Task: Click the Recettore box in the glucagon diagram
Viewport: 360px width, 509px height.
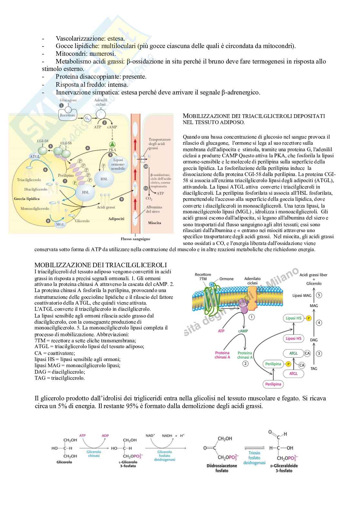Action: pyautogui.click(x=67, y=115)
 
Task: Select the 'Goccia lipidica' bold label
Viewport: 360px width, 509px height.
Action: pyautogui.click(x=27, y=199)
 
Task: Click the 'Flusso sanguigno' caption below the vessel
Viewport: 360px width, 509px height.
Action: pyautogui.click(x=135, y=239)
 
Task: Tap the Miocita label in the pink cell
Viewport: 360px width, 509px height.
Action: pyautogui.click(x=155, y=223)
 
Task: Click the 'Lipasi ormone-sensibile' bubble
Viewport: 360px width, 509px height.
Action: pyautogui.click(x=118, y=164)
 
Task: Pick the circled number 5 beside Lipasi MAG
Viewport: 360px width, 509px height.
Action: pyautogui.click(x=319, y=295)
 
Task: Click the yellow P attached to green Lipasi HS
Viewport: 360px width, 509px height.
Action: pyautogui.click(x=308, y=318)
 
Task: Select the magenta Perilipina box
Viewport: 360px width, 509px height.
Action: pyautogui.click(x=273, y=384)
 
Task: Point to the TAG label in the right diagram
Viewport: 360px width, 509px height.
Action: pyautogui.click(x=314, y=368)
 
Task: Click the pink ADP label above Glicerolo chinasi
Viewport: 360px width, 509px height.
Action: pyautogui.click(x=105, y=436)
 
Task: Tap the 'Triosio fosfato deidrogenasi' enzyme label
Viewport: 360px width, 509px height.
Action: pyautogui.click(x=254, y=458)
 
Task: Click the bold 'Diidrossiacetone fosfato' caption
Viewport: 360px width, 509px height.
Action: pyautogui.click(x=222, y=468)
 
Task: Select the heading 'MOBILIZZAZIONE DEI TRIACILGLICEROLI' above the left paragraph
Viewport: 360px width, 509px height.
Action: pyautogui.click(x=100, y=265)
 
